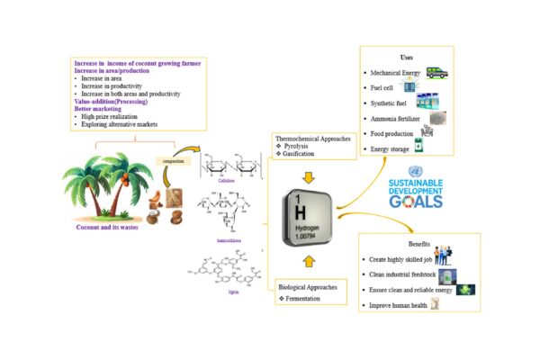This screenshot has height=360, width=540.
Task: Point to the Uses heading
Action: [407, 57]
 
